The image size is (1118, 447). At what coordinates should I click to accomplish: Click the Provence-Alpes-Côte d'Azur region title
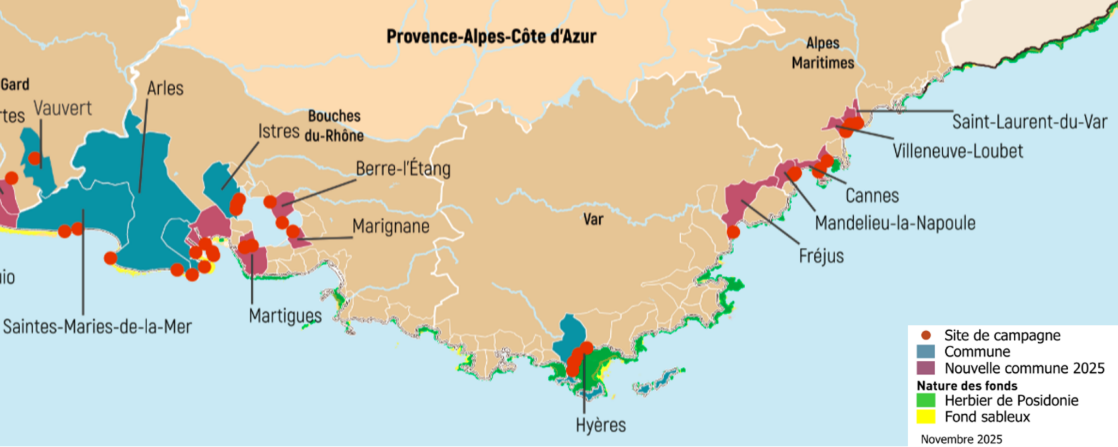coord(491,37)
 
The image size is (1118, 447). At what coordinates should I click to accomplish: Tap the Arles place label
coord(165,88)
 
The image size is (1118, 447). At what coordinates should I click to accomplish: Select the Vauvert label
coord(63,108)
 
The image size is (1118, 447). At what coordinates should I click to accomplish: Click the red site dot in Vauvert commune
coord(34,158)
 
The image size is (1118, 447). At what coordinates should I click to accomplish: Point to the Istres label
coord(278,132)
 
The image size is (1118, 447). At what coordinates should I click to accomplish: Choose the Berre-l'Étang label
coord(403,169)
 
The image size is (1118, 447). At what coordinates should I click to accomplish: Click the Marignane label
coord(390,226)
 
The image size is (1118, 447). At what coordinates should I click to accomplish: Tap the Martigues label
coord(285,315)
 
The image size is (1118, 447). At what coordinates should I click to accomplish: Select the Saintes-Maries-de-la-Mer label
coord(97,327)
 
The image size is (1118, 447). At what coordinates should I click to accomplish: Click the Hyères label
coord(600,425)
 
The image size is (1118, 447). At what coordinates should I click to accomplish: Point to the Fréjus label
coord(821,255)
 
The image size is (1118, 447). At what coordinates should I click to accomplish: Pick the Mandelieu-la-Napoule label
coord(895,223)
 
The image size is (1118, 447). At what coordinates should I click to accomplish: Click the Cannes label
coord(872,195)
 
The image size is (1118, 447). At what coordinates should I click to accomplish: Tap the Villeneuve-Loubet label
coord(958,151)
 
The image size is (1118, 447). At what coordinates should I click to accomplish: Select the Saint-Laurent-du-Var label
coord(1030,122)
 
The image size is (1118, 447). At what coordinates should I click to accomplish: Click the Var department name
coord(593,219)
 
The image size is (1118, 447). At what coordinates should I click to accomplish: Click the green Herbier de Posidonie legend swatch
coord(926,401)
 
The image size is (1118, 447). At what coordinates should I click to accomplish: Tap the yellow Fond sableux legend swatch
coord(926,417)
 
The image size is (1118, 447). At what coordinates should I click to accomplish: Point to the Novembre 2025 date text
coord(961,439)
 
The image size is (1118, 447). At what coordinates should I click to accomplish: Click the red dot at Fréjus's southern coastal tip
coord(733,232)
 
